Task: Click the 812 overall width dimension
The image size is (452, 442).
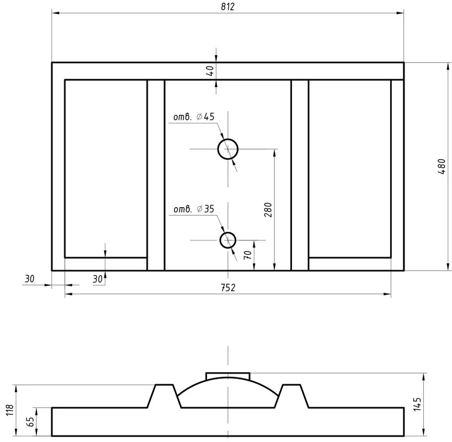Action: point(228,6)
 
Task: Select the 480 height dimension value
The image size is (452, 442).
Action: point(442,166)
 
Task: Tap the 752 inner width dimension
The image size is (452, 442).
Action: point(228,288)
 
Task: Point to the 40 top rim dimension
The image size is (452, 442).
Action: point(210,71)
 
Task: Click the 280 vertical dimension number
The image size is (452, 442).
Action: point(268,210)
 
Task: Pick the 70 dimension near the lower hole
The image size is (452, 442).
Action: point(248,255)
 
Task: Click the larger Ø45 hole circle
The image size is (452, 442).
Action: point(228,149)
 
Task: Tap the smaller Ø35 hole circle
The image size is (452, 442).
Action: point(228,240)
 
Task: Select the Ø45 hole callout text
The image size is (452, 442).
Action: point(194,117)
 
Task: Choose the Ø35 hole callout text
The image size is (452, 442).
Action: point(194,209)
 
